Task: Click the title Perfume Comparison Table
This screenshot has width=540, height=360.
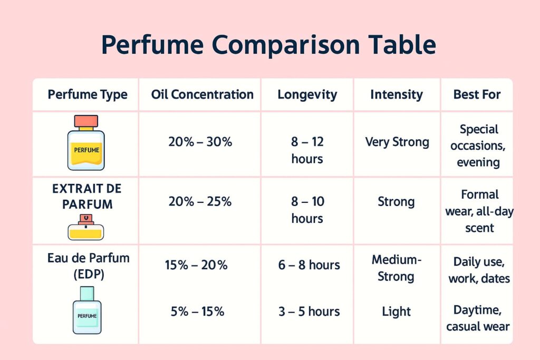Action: point(268,45)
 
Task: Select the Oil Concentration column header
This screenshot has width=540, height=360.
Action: point(202,94)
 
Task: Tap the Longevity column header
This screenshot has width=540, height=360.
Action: point(307,95)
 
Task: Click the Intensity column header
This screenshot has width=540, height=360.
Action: point(397,95)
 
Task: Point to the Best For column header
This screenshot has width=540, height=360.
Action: point(477,94)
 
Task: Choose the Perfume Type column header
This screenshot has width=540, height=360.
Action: point(88,95)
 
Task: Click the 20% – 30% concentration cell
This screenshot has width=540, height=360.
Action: point(200,142)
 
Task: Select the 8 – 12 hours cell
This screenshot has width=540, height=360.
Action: point(307,150)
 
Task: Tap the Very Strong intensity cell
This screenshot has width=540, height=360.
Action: point(397,142)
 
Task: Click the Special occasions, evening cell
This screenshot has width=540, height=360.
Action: point(478,145)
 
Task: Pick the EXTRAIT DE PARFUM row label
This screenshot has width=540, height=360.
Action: point(87,196)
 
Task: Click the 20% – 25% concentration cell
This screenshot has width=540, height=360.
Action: point(200,202)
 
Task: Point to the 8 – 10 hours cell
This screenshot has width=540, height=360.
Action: point(307,210)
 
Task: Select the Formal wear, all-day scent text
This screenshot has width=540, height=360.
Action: point(479,211)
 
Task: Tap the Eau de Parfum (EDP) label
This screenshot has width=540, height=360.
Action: point(89,266)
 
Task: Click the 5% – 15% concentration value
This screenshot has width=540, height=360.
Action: point(197,312)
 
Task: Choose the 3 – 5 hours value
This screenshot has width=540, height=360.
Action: point(309,312)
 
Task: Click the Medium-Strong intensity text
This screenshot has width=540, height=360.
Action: point(397,268)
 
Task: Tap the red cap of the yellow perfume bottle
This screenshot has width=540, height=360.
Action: point(86,121)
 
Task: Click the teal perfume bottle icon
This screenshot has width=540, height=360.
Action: point(87,310)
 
